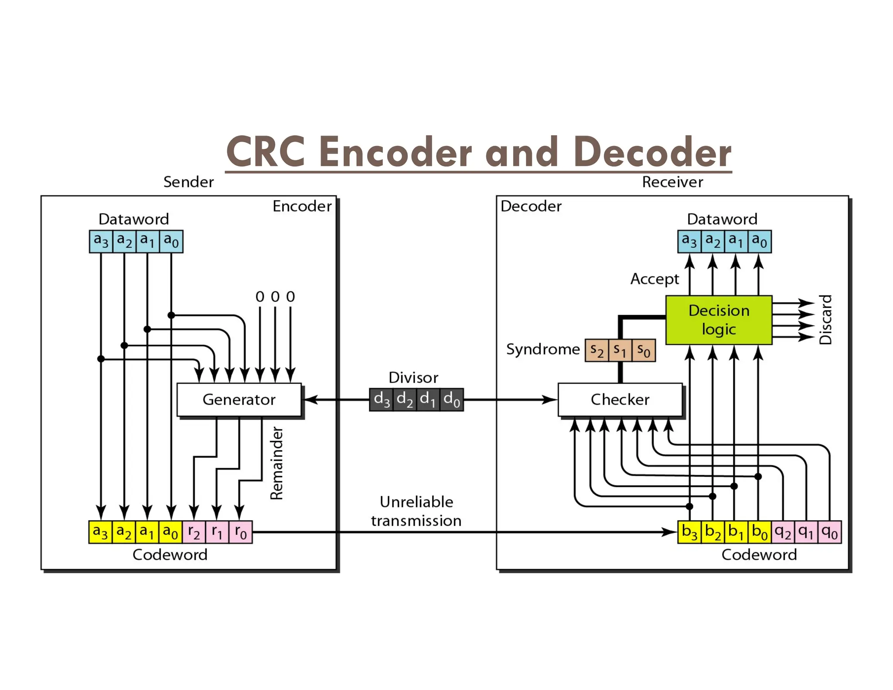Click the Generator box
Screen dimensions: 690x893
(239, 399)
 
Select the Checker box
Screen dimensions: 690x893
(620, 399)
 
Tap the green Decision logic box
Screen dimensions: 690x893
(719, 320)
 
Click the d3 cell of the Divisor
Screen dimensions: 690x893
(382, 399)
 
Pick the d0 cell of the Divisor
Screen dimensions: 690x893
(452, 399)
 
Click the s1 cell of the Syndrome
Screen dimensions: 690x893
(620, 350)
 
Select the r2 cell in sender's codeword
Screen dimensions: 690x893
(194, 532)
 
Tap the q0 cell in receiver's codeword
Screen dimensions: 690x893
(829, 532)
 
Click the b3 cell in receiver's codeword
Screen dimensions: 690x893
(689, 532)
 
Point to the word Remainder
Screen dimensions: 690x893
(276, 463)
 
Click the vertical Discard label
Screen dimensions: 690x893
(825, 320)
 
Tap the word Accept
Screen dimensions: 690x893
(654, 278)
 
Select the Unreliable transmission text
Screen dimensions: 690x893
(416, 511)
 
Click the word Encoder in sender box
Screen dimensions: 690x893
(302, 206)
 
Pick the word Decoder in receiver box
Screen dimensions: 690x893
(531, 206)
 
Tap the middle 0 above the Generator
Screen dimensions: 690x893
(275, 297)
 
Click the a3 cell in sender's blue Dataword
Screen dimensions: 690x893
(101, 241)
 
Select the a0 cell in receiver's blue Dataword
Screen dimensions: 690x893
(759, 241)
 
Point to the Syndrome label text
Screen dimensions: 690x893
(543, 349)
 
